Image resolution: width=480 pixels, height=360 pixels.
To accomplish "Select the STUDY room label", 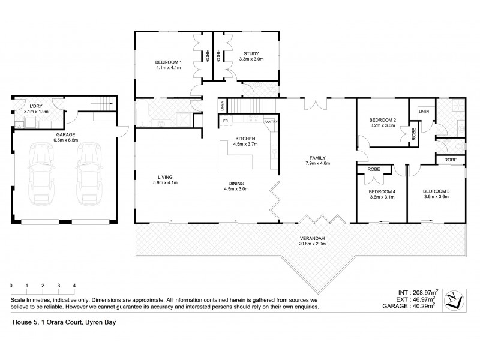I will [251, 53].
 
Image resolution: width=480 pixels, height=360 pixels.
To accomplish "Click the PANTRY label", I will [271, 122].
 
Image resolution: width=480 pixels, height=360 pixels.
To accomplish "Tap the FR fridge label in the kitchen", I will [226, 122].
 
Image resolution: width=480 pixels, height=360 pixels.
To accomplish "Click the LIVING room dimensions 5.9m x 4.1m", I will [165, 183].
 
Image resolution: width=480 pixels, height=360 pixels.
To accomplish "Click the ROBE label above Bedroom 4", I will [373, 170].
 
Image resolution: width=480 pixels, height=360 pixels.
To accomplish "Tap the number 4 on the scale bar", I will [74, 286].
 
